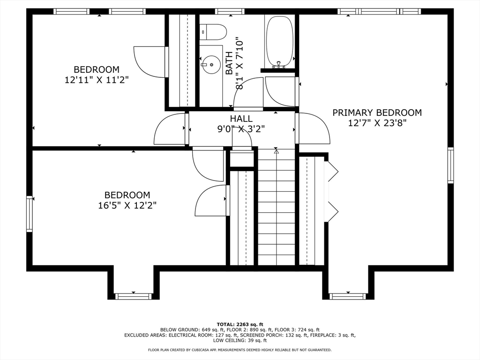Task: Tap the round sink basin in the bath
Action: (x=211, y=65)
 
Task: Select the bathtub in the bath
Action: (x=279, y=42)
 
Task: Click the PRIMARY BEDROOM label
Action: (x=377, y=112)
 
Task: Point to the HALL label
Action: (x=241, y=119)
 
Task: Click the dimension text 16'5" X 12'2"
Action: (x=127, y=205)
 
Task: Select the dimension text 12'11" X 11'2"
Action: (x=97, y=80)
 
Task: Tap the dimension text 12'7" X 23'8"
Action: (x=377, y=123)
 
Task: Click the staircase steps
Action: (x=277, y=207)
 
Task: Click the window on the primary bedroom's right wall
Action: (x=450, y=165)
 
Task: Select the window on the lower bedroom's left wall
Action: (x=30, y=214)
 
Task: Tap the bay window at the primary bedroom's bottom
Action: (x=348, y=296)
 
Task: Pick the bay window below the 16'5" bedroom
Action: (x=133, y=296)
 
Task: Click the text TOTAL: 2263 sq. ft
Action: (x=240, y=324)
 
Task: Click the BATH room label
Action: (x=229, y=63)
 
